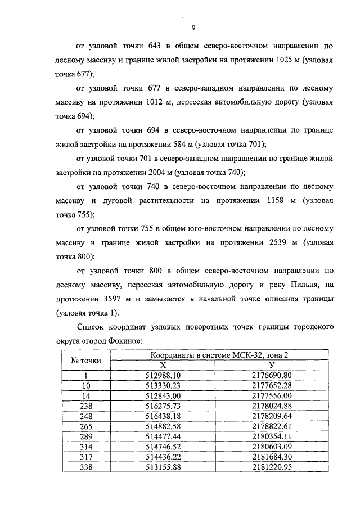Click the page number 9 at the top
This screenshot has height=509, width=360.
193,28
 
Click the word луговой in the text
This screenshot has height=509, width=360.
125,200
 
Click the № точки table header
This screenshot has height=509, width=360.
85,361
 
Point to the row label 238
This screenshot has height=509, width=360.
85,405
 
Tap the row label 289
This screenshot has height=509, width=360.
85,435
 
